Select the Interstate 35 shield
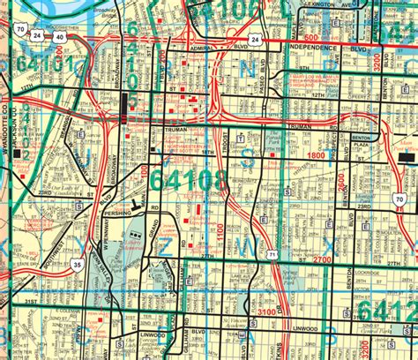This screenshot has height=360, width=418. (x=80, y=263)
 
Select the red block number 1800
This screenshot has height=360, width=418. (x=315, y=155)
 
